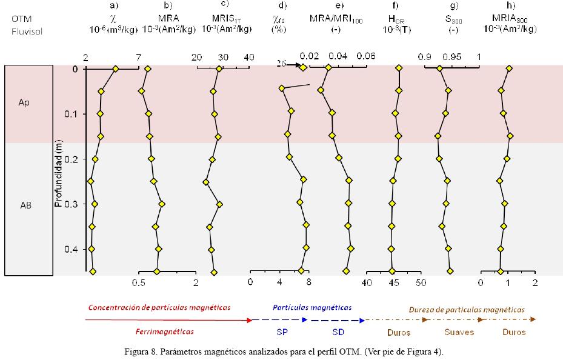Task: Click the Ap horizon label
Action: pos(24,102)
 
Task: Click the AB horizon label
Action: pos(25,205)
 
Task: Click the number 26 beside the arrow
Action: pos(281,64)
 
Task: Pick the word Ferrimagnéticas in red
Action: pos(165,332)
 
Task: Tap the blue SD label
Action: pos(338,332)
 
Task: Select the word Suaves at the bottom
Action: pos(458,332)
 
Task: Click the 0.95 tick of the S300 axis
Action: pos(451,56)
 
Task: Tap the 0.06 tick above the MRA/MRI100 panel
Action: pos(366,56)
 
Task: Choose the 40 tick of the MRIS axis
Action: pos(249,57)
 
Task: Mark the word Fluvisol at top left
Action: pos(27,30)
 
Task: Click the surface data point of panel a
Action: pos(116,69)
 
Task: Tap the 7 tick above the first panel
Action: pos(139,57)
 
